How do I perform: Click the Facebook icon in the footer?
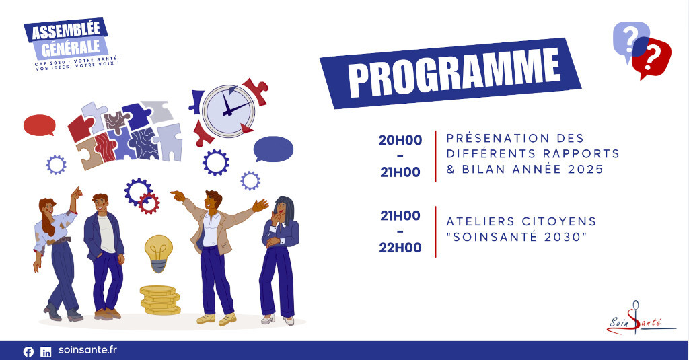tap(28, 352)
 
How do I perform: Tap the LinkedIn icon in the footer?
tap(46, 352)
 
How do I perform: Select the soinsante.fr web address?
tap(88, 350)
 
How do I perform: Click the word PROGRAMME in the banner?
tap(454, 73)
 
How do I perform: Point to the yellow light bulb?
tap(159, 253)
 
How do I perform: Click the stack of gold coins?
tap(160, 300)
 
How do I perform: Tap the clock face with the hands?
tap(228, 111)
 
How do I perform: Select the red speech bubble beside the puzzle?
tap(40, 125)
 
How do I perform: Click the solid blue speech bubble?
tap(273, 149)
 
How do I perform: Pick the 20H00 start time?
tap(400, 140)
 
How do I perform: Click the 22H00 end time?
tap(400, 248)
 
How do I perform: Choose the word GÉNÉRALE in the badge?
tap(71, 48)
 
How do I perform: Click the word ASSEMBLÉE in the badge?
tap(66, 31)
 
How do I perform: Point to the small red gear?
tap(149, 203)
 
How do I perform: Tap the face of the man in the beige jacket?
tap(211, 201)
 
